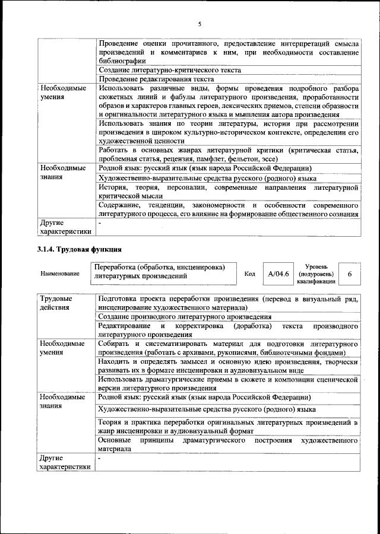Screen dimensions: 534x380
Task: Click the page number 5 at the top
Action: pyautogui.click(x=199, y=24)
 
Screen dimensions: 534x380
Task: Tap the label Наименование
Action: pyautogui.click(x=60, y=274)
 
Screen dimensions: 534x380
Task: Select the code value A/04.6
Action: pyautogui.click(x=278, y=274)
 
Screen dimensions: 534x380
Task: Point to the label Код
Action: pyautogui.click(x=250, y=274)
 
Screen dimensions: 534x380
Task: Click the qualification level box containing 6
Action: pyautogui.click(x=350, y=274)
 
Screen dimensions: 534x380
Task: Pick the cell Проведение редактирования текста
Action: pyautogui.click(x=156, y=79)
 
